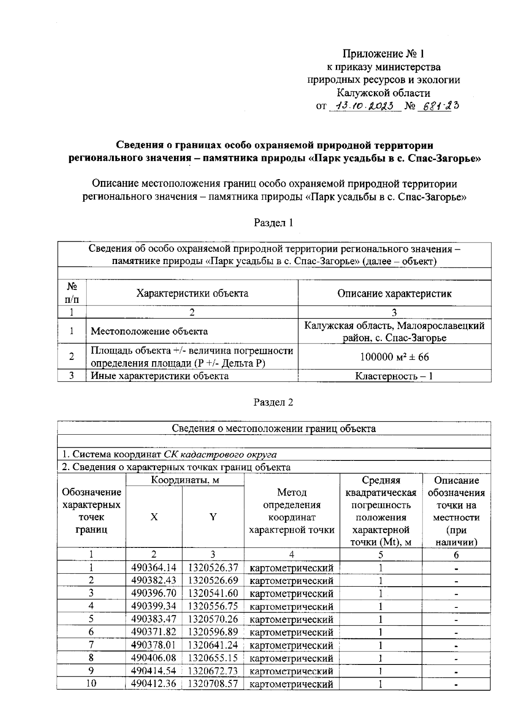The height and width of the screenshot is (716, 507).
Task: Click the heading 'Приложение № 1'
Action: pos(383,54)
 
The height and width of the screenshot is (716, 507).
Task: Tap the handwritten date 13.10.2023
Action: pos(364,106)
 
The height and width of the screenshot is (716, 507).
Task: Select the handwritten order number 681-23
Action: pos(438,106)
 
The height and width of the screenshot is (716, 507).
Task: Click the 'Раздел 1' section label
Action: pos(273,223)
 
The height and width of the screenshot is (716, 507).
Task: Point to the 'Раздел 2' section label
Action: pos(273,402)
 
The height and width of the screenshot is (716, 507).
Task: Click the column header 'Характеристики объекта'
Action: pos(192,293)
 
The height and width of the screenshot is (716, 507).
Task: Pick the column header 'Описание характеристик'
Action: pos(394,293)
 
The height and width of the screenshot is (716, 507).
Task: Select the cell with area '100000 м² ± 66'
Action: pos(394,357)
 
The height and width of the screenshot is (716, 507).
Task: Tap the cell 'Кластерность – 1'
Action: pos(394,376)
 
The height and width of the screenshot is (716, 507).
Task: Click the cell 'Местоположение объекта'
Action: pos(150,331)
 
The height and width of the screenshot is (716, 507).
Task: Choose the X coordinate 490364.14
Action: pos(154,567)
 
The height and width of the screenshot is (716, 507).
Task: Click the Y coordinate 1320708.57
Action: pos(213,683)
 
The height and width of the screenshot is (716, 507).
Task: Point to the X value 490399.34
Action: pos(154,606)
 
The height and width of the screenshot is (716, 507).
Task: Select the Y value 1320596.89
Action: pos(213,632)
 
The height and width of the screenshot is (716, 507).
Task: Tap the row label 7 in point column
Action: pos(91,645)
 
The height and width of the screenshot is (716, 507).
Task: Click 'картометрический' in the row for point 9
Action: pos(292,671)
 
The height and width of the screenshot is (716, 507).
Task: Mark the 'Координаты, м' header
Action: pos(185,480)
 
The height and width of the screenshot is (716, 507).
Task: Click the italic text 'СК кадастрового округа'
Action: pos(220,455)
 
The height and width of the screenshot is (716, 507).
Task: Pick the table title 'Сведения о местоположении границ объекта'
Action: pos(274,428)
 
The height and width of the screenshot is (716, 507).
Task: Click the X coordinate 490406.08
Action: pos(154,658)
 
